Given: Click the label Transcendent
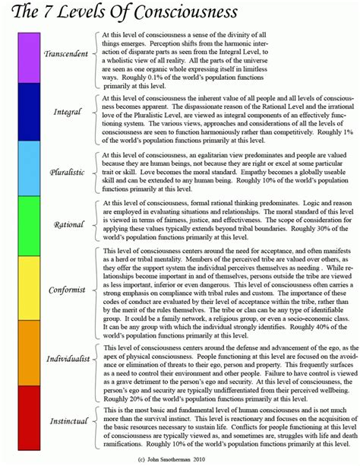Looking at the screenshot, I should tap(68, 55).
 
